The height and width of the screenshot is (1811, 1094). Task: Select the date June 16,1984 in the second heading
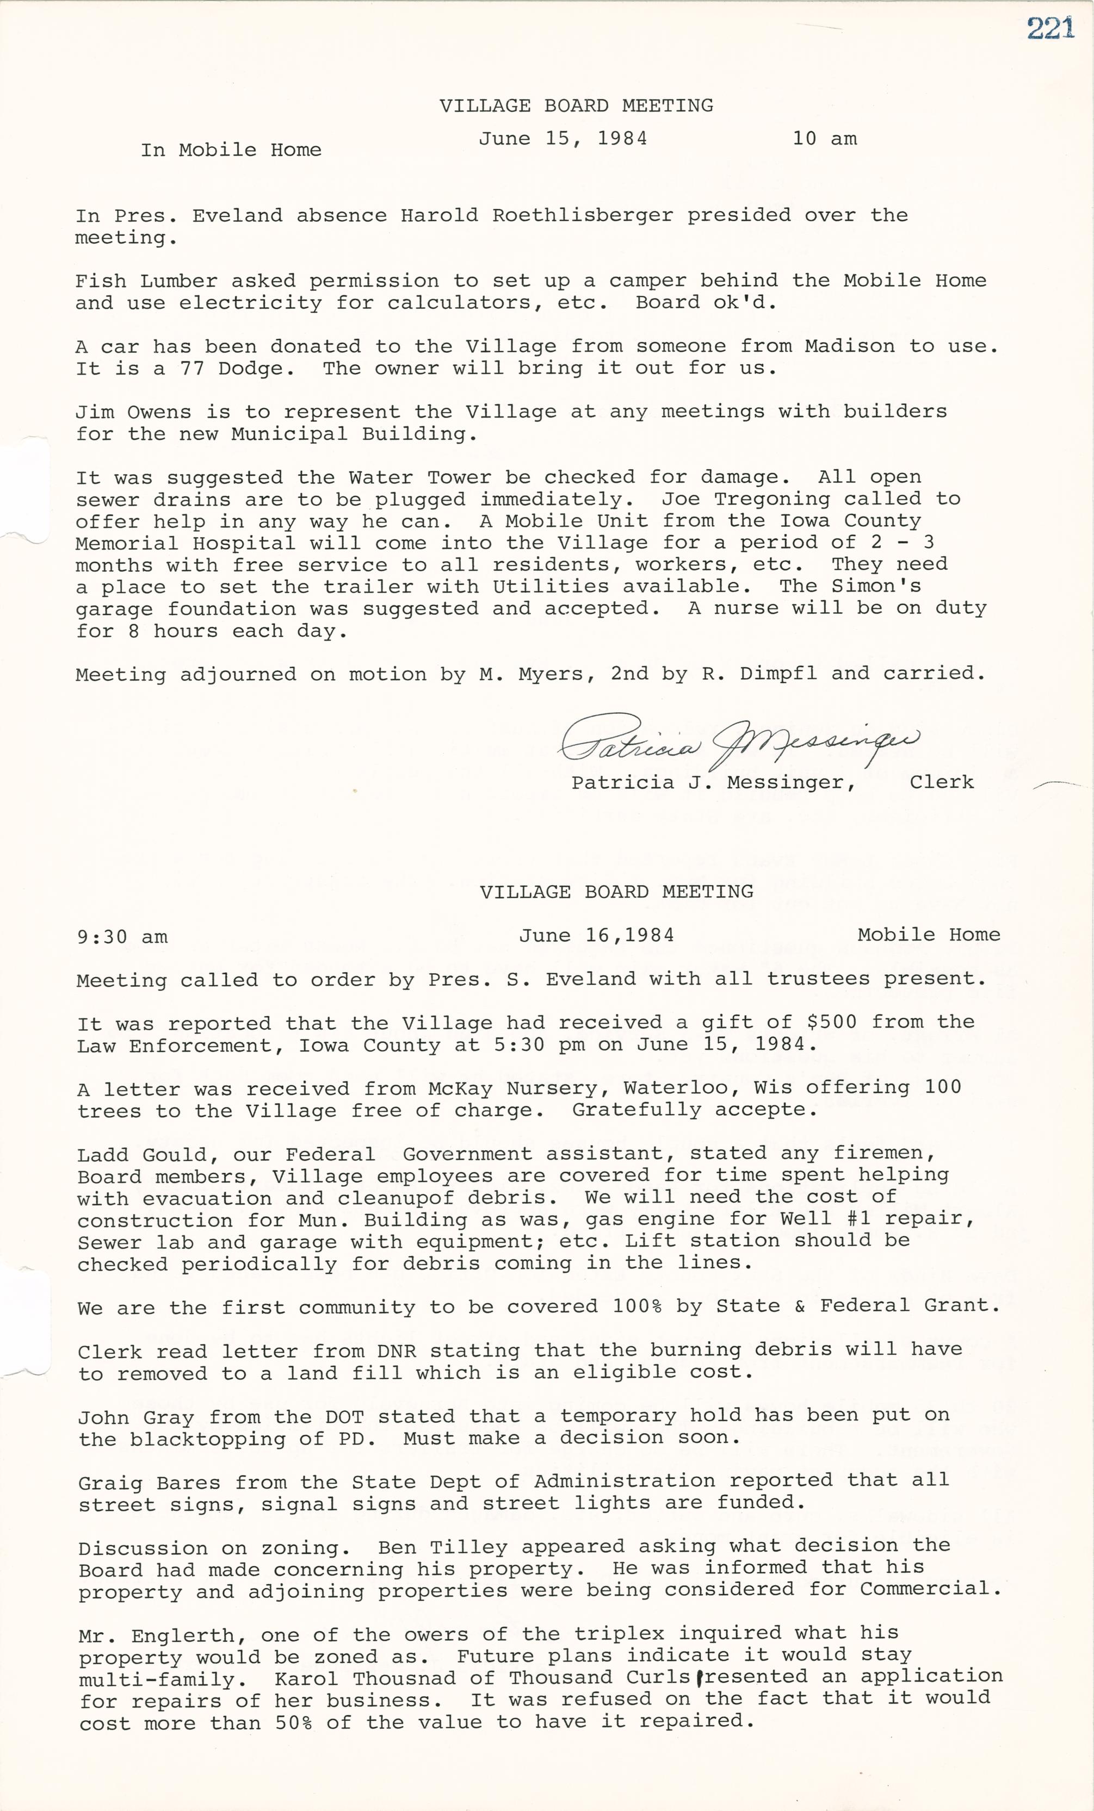(x=596, y=935)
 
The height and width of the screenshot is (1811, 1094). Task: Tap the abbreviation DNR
(x=397, y=1350)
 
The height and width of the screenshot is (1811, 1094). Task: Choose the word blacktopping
(x=208, y=1439)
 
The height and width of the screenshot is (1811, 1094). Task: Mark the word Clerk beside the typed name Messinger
(x=941, y=782)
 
